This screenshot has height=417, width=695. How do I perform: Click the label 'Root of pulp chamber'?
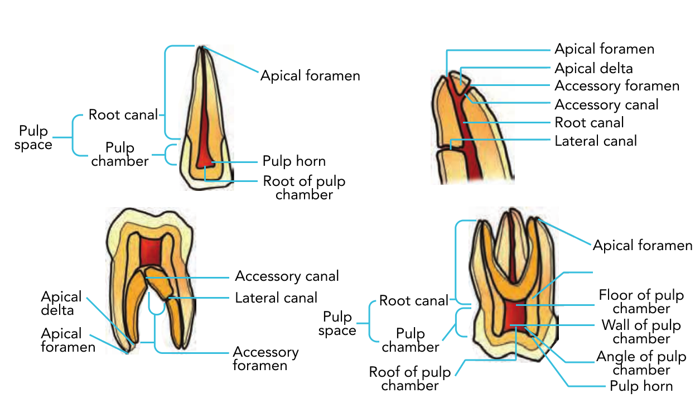pyautogui.click(x=304, y=188)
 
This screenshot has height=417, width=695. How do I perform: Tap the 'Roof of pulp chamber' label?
pyautogui.click(x=409, y=378)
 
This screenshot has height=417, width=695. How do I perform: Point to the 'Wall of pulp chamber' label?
pyautogui.click(x=641, y=332)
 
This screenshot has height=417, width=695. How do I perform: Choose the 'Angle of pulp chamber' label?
pyautogui.click(x=641, y=363)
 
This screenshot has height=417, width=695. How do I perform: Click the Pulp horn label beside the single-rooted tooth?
pyautogui.click(x=294, y=161)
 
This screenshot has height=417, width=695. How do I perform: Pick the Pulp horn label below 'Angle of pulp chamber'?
pyautogui.click(x=641, y=386)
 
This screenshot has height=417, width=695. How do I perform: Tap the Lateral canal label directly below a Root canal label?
pyautogui.click(x=595, y=141)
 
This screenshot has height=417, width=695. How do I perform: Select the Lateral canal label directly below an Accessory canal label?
pyautogui.click(x=276, y=298)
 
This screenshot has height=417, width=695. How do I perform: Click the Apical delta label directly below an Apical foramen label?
pyautogui.click(x=593, y=68)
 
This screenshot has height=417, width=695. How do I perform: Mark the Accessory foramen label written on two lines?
pyautogui.click(x=266, y=359)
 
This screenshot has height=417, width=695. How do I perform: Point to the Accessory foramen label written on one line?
pyautogui.click(x=617, y=86)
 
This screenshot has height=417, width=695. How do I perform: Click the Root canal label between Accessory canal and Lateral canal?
pyautogui.click(x=589, y=122)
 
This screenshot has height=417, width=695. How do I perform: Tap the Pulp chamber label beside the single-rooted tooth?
pyautogui.click(x=120, y=155)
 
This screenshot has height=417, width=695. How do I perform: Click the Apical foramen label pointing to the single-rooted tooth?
pyautogui.click(x=310, y=75)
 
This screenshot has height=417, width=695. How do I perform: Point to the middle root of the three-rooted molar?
pyautogui.click(x=511, y=246)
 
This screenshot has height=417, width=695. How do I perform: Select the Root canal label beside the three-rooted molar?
pyautogui.click(x=413, y=301)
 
